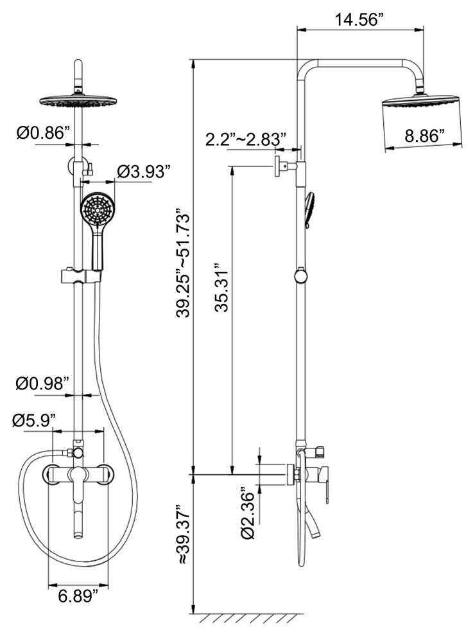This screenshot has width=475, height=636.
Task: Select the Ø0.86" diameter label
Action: (44, 132)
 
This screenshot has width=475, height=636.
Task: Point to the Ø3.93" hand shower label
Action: (142, 172)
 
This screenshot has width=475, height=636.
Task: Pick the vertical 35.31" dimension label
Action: (221, 287)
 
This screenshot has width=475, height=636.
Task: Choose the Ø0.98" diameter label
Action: (42, 383)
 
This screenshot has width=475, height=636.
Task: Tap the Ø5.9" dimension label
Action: (34, 420)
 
